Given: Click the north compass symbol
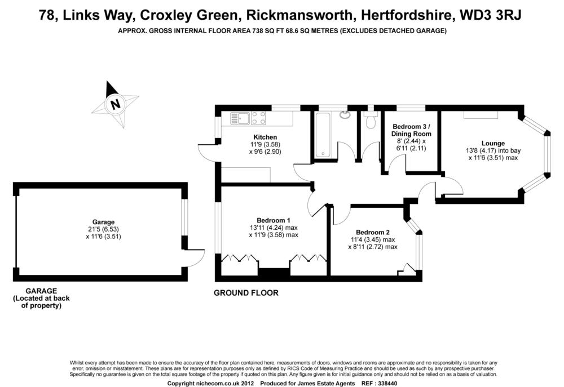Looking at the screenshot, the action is pos(116,104).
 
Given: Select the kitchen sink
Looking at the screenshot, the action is pos(240,118).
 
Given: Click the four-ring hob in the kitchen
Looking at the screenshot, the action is pos(259,118).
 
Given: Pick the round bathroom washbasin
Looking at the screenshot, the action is pos(345,115).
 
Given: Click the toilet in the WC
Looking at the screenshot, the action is pos(371,121).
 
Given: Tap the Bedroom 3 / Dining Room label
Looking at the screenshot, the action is pos(411,130).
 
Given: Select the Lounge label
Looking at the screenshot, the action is pos(493,143).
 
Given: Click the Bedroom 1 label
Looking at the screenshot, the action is pos(273,220).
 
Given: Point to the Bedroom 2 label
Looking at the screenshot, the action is pos(372,232).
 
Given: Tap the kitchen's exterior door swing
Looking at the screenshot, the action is pos(205,154).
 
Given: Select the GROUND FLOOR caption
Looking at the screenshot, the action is pos(246,293).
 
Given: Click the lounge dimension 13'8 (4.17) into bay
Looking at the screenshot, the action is pos(493,150).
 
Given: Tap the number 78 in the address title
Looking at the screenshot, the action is pos(47,15).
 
